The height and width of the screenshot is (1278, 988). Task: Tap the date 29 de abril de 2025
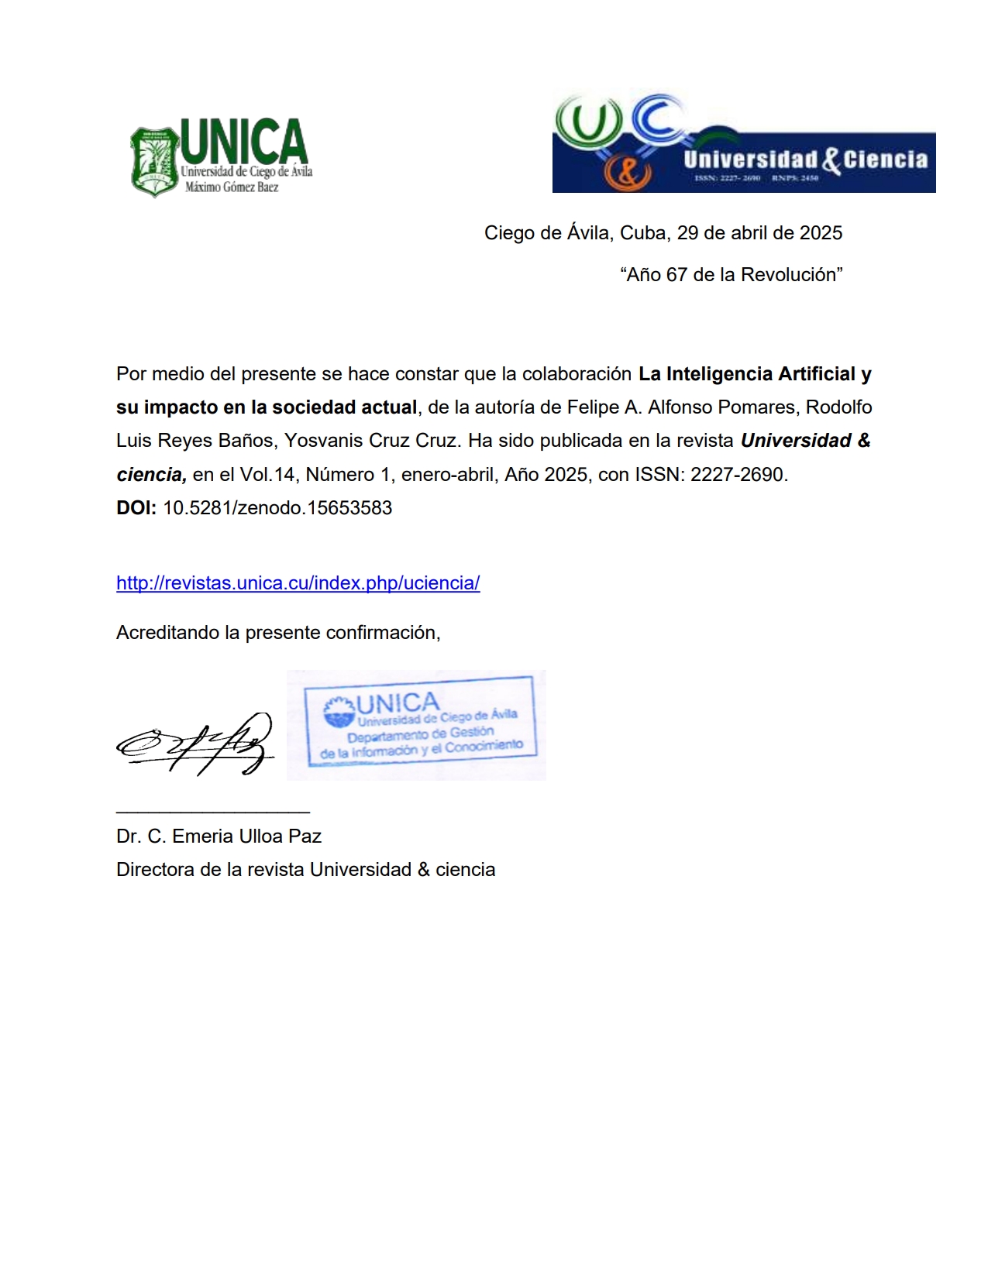tap(759, 233)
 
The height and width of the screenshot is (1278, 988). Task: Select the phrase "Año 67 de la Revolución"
tap(731, 275)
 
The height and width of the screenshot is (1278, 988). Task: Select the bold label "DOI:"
tap(136, 508)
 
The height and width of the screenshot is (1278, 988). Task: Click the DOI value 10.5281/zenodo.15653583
tap(277, 508)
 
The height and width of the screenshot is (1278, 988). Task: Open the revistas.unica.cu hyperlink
tap(298, 583)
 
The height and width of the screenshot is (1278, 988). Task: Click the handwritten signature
tap(196, 744)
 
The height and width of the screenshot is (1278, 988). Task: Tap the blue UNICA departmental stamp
tap(419, 723)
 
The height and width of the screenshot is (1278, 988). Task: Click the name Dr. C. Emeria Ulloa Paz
tap(219, 837)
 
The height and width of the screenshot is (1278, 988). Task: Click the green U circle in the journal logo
tap(589, 124)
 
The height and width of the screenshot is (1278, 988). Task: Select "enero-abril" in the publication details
tap(448, 474)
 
